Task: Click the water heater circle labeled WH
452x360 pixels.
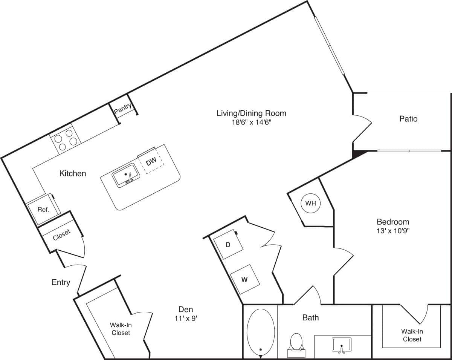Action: (310, 204)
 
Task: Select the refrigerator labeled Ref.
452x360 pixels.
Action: (43, 210)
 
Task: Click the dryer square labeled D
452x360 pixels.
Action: (228, 245)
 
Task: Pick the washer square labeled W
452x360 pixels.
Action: (244, 280)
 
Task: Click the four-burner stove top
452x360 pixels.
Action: (66, 140)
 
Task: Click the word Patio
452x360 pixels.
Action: (408, 119)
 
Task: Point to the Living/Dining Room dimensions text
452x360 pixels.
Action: (251, 122)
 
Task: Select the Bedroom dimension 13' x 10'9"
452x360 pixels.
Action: (393, 231)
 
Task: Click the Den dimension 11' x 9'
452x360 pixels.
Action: (186, 319)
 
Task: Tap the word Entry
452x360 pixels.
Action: (61, 282)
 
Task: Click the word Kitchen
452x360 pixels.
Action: (73, 173)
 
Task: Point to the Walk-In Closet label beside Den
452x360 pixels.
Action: (121, 329)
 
